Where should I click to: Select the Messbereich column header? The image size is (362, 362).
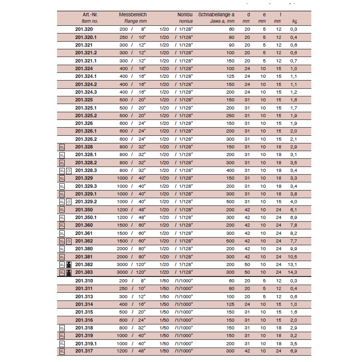coord(133,14)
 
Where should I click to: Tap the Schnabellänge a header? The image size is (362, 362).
coord(216,14)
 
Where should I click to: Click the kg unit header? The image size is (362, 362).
coord(295,21)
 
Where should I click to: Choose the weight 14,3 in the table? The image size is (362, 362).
coord(292,272)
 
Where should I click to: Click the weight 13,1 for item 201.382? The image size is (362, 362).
coord(292,264)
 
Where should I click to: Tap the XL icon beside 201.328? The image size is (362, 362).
coord(62,147)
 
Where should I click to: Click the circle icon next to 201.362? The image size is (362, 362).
coord(69,241)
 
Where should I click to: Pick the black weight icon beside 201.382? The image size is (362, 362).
coord(69,264)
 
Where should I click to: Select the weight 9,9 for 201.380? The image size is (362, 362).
coord(293,248)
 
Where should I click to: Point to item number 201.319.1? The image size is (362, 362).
coord(86,343)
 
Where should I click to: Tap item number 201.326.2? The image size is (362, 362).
coord(86,139)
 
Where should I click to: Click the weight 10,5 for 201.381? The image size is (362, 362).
coord(292,257)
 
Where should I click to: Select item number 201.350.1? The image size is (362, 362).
coord(86,217)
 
